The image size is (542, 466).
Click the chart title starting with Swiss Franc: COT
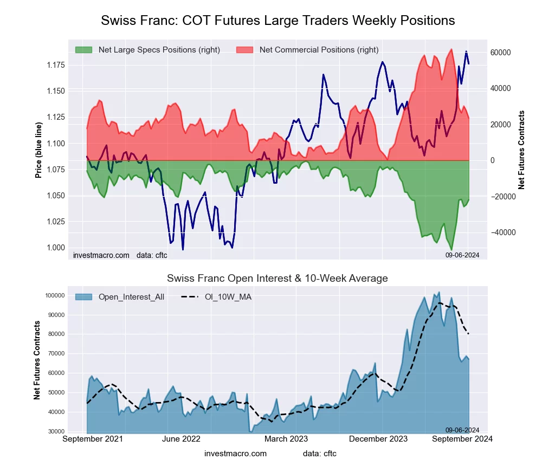tap(278, 21)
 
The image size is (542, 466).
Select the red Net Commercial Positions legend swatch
tap(244, 50)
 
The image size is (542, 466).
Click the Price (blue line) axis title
tap(38, 150)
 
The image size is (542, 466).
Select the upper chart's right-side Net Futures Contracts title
tap(521, 150)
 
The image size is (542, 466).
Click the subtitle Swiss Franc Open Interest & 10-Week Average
tap(278, 279)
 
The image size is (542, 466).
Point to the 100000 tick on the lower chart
tap(54, 295)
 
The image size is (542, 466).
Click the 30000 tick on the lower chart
tap(56, 431)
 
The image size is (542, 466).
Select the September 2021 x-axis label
tap(93, 439)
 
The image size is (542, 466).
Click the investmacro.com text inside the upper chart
tap(101, 255)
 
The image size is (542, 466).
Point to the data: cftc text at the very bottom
tap(320, 454)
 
